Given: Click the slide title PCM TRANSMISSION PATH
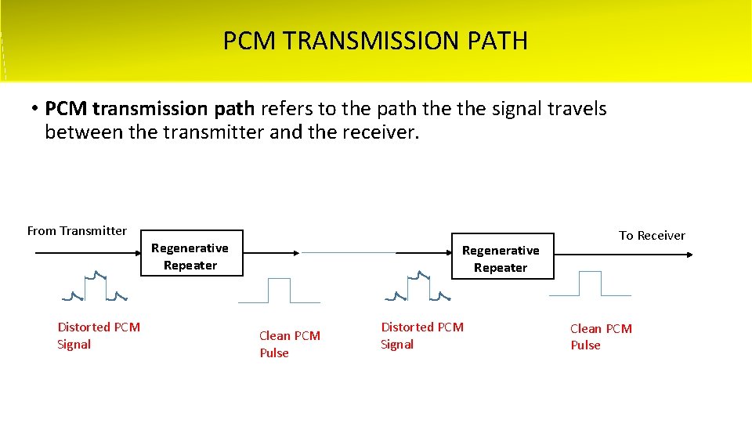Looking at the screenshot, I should coord(375,41).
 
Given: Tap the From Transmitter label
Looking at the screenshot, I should coord(77,230).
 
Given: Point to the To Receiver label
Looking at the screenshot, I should coord(652,235).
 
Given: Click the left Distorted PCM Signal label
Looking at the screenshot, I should coord(99,335).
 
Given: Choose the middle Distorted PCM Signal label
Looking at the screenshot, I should coord(422,335).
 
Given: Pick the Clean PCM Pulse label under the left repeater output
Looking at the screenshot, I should coord(290,344).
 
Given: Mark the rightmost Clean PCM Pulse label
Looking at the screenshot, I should coord(601,337).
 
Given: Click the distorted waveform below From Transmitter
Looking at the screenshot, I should coord(95,287).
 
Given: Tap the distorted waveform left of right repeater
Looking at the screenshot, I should coord(418,287).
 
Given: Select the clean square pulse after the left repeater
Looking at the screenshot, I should coord(279,291).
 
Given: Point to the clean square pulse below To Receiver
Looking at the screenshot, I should coord(590,284).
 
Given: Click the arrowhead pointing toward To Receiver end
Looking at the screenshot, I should coord(689,254).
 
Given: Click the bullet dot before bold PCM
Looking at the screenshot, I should coord(35,108).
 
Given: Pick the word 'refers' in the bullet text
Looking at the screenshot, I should coord(286,108).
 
